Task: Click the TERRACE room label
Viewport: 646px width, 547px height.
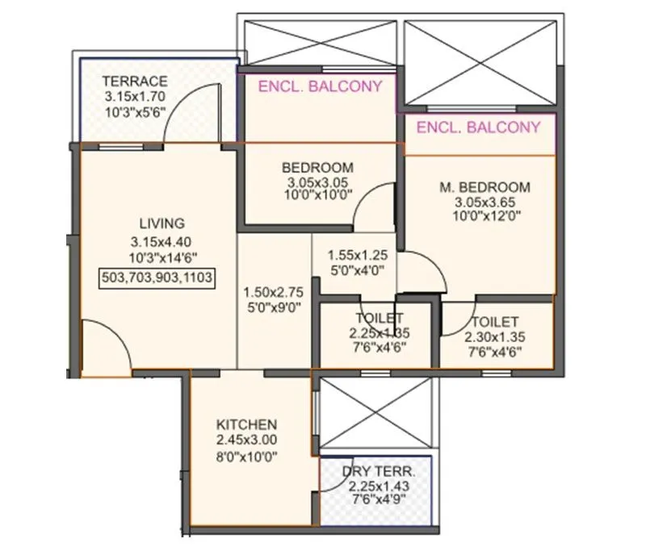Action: (136, 81)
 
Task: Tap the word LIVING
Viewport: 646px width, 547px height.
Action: (161, 223)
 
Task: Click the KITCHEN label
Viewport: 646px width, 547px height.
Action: (247, 424)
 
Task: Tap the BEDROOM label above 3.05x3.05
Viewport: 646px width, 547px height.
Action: (317, 168)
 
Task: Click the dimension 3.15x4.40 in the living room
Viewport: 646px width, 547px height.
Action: (161, 241)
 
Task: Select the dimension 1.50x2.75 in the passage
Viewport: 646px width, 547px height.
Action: (273, 294)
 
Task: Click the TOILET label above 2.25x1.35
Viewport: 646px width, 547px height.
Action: (379, 319)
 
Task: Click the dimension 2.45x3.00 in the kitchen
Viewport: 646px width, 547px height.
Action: (247, 440)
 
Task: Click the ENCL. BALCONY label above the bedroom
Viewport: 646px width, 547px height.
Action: (319, 86)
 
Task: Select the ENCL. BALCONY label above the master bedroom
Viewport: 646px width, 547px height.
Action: (479, 127)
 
